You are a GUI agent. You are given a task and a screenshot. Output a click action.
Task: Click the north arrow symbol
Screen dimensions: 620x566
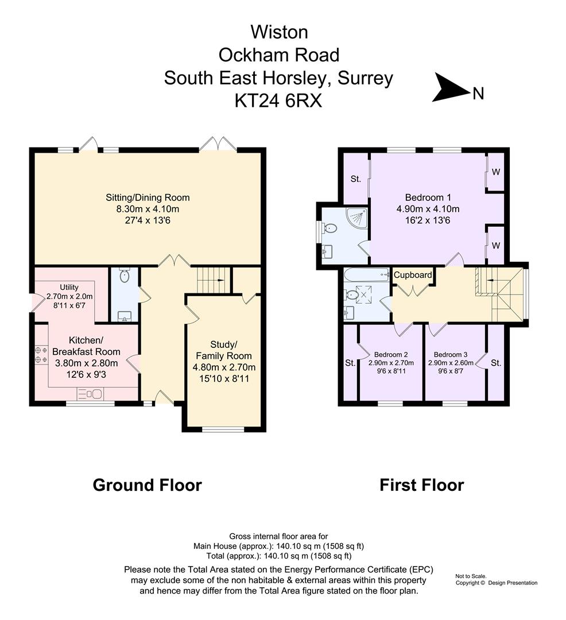451,88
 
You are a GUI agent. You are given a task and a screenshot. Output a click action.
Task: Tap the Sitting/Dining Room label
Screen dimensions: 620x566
148,197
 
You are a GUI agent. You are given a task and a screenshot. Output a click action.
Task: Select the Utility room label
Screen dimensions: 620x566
68,287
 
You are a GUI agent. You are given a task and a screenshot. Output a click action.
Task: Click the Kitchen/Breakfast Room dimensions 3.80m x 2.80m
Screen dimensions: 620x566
86,363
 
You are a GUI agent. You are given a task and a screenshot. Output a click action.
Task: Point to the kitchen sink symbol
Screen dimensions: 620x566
91,393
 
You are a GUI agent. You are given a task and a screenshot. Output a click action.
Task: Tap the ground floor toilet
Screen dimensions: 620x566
125,277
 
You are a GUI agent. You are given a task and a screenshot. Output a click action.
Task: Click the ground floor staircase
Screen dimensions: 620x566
210,280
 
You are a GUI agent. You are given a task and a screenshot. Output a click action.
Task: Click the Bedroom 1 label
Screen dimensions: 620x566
428,197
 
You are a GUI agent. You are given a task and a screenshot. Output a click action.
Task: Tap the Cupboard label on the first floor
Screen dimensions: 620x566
413,275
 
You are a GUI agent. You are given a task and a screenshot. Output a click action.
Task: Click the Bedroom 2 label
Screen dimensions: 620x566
391,354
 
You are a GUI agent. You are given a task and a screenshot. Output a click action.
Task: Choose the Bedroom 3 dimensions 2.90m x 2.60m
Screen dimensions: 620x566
451,363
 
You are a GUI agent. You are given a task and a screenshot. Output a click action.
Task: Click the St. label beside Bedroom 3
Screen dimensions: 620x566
496,363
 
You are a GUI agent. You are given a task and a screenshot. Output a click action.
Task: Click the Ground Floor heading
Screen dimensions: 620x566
147,485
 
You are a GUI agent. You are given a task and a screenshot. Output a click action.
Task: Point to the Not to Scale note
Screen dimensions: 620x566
471,576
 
